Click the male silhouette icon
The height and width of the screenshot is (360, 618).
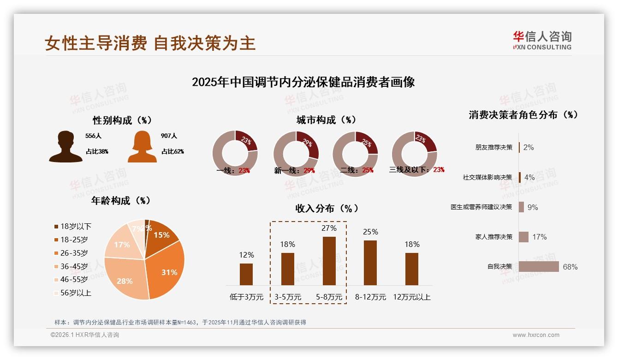[x=65, y=147]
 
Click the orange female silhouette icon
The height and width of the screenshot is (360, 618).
[x=142, y=147]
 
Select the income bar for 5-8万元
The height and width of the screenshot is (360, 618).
[x=329, y=261]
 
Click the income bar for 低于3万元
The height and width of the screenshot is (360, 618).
[x=246, y=274]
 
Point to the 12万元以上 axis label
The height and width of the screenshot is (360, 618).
[x=411, y=297]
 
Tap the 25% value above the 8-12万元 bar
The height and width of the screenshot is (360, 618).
[x=370, y=232]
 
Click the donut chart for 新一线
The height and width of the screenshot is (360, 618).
[x=296, y=154]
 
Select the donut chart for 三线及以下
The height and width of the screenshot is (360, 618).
[x=414, y=154]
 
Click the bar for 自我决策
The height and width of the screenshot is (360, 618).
[x=539, y=267]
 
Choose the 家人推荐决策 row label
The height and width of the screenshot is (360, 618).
[x=493, y=237]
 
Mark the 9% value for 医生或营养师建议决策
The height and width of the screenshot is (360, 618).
[x=533, y=207]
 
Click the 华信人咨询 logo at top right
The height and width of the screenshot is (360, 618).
[x=542, y=40]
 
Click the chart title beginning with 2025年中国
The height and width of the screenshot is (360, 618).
[x=303, y=82]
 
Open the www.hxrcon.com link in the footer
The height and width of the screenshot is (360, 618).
[x=536, y=335]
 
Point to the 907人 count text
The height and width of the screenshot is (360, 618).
[x=169, y=136]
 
